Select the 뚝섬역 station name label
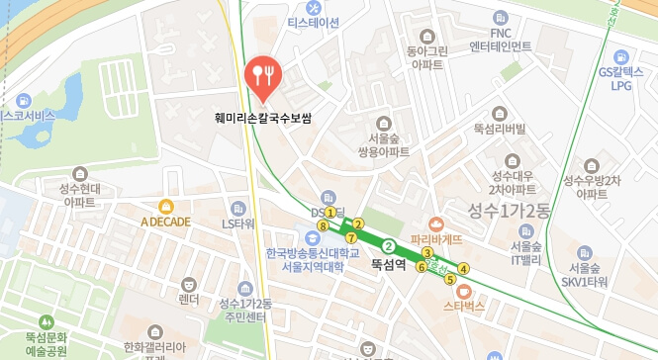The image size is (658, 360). point(389,265)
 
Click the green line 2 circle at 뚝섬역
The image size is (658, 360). point(389,246)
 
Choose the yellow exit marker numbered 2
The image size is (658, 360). point(359,224)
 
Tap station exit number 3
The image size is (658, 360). point(426,254)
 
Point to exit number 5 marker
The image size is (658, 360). point(450,279)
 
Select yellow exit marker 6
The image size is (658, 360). point(422,267)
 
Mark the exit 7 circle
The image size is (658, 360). point(351,237)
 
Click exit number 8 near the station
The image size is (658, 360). point(323,226)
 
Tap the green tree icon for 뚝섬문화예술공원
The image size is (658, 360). point(45,321)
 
